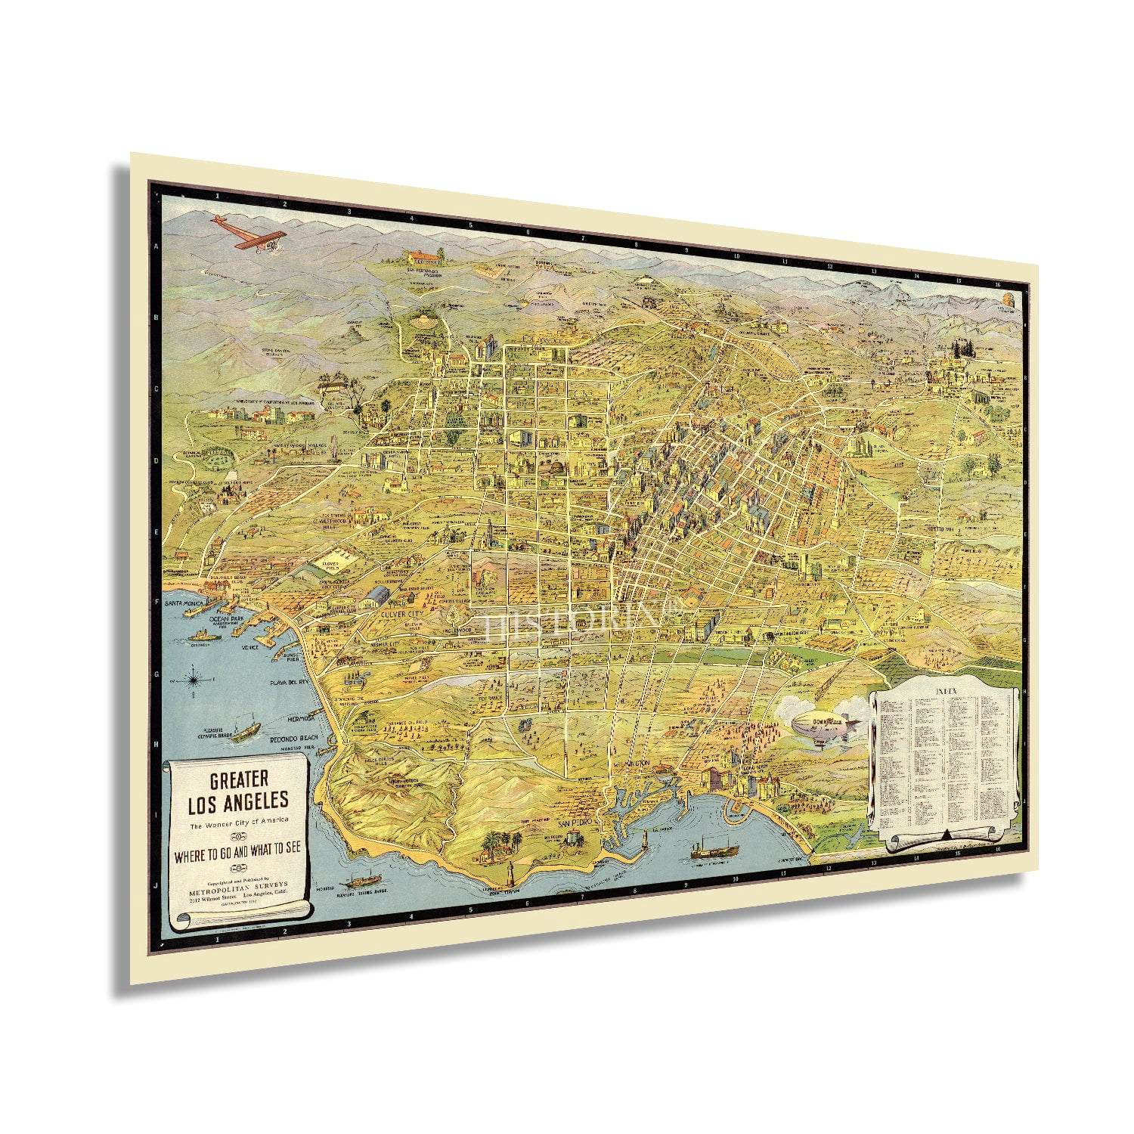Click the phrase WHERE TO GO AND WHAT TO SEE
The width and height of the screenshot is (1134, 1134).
point(238,848)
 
